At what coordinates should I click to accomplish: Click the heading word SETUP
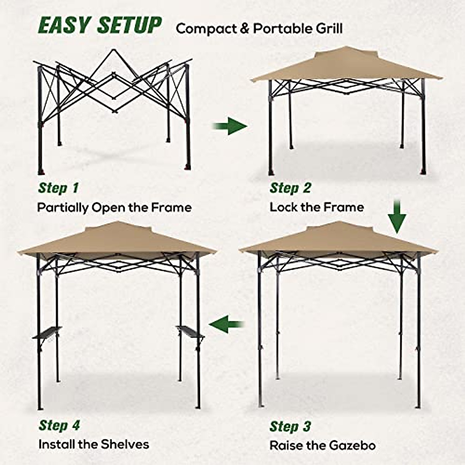[129, 26]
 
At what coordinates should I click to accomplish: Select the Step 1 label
[58, 188]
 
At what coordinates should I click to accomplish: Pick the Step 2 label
[290, 188]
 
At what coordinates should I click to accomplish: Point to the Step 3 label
[290, 426]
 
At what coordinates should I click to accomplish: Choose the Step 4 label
[59, 425]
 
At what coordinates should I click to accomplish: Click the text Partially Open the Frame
[114, 208]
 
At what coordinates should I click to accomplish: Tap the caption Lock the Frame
[317, 207]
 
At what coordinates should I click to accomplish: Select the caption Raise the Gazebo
[322, 445]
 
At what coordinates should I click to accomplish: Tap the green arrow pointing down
[397, 217]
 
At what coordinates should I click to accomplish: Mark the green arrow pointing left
[227, 324]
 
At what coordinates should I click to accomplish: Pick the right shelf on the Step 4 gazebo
[190, 331]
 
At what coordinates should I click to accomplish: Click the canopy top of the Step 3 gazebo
[338, 238]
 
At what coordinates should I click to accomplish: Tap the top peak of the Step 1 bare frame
[113, 50]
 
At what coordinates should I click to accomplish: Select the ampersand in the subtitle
[244, 29]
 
